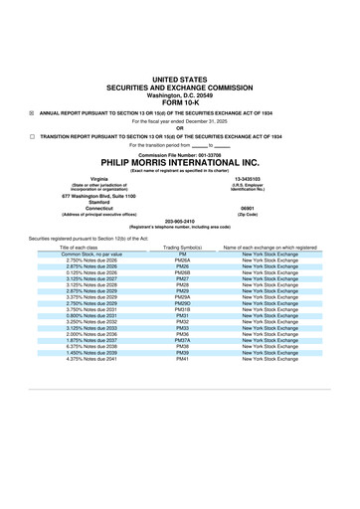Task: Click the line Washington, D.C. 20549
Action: pos(180,93)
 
